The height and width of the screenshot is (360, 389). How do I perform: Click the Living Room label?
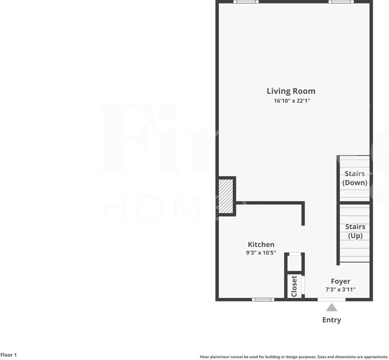[x=291, y=91]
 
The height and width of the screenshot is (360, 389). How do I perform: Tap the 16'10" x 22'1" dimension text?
[x=292, y=101]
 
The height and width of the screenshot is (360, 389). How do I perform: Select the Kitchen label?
[x=261, y=244]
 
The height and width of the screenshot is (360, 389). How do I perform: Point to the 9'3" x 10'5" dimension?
[x=261, y=253]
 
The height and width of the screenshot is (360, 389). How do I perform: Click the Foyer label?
[x=340, y=281]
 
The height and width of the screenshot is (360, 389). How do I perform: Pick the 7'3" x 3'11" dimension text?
[x=340, y=289]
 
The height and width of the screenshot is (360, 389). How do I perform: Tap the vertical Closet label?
[x=294, y=286]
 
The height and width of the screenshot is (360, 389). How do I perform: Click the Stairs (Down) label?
[x=355, y=178]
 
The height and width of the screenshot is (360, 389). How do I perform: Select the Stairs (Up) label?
[x=355, y=231]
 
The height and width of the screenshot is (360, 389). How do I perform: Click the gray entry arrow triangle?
[x=331, y=308]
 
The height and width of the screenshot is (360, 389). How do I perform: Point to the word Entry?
[x=331, y=320]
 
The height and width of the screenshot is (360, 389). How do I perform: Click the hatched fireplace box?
[x=226, y=196]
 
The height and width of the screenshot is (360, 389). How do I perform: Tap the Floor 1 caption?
[x=9, y=355]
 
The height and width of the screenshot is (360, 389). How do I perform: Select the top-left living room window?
[x=246, y=2]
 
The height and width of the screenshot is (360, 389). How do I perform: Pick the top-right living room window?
[x=341, y=2]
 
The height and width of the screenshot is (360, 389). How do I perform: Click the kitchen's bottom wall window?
[x=263, y=300]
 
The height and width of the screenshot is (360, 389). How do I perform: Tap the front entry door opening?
[x=331, y=300]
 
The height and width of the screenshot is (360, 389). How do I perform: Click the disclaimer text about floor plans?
[x=294, y=357]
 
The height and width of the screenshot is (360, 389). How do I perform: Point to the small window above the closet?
[x=295, y=254]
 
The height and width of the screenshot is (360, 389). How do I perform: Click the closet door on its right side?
[x=304, y=286]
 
